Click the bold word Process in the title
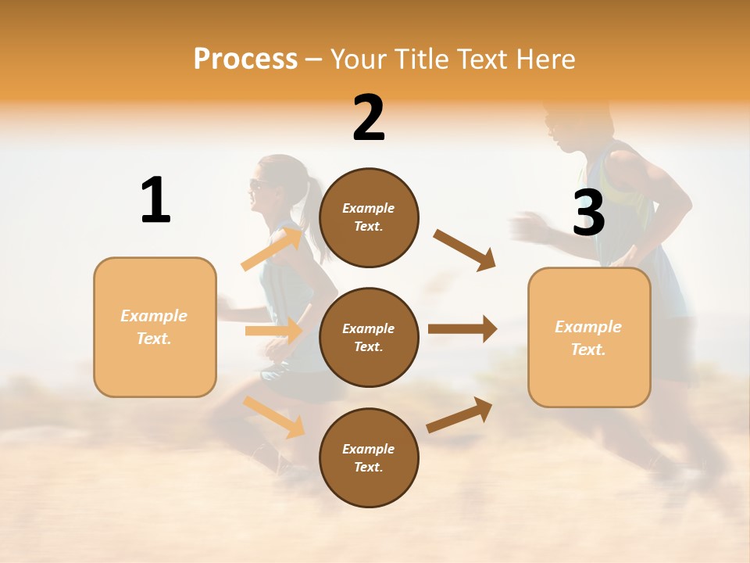click(x=245, y=59)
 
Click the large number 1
click(x=155, y=200)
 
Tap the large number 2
click(x=369, y=118)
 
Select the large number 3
click(x=589, y=213)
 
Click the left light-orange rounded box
click(x=155, y=327)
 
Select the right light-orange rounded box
click(x=589, y=337)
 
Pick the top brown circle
click(x=369, y=217)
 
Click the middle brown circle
click(x=369, y=337)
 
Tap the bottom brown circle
click(x=369, y=457)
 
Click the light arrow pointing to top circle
click(x=272, y=249)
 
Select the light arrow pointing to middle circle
click(x=273, y=331)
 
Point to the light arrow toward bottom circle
click(x=273, y=417)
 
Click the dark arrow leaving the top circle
click(x=465, y=249)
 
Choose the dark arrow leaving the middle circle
click(x=462, y=329)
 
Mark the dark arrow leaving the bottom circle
click(x=459, y=414)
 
